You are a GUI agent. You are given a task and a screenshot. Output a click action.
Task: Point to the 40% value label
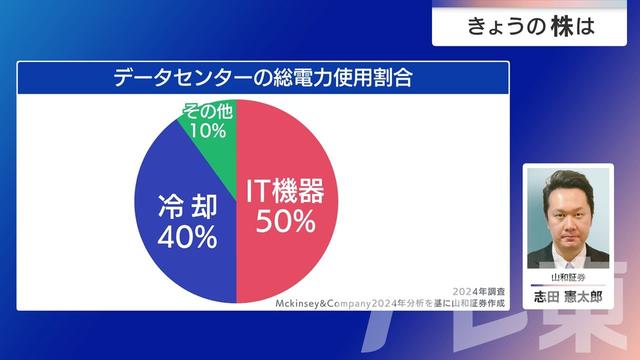click(x=187, y=237)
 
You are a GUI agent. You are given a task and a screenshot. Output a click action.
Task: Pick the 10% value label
click(x=208, y=131)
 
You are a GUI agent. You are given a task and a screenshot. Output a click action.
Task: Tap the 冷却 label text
click(x=187, y=207)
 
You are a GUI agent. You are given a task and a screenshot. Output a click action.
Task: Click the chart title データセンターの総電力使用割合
click(x=263, y=76)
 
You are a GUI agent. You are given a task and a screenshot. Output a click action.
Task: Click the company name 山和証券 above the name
click(x=567, y=277)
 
